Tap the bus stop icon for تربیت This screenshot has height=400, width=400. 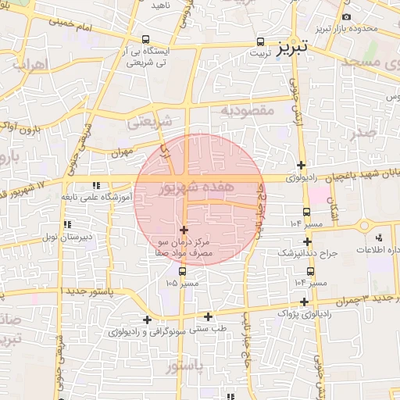tap(260, 43)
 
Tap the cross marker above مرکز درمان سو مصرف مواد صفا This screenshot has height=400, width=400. tap(184, 230)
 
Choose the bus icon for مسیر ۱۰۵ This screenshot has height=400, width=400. tap(182, 271)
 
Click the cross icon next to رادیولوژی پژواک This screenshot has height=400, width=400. tap(304, 302)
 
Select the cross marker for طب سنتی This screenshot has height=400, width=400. tap(208, 316)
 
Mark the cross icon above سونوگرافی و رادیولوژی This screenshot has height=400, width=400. tap(147, 320)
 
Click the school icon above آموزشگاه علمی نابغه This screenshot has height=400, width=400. tap(96, 186)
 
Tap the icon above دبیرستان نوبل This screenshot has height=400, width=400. tap(66, 225)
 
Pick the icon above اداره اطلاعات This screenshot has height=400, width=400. tap(380, 237)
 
